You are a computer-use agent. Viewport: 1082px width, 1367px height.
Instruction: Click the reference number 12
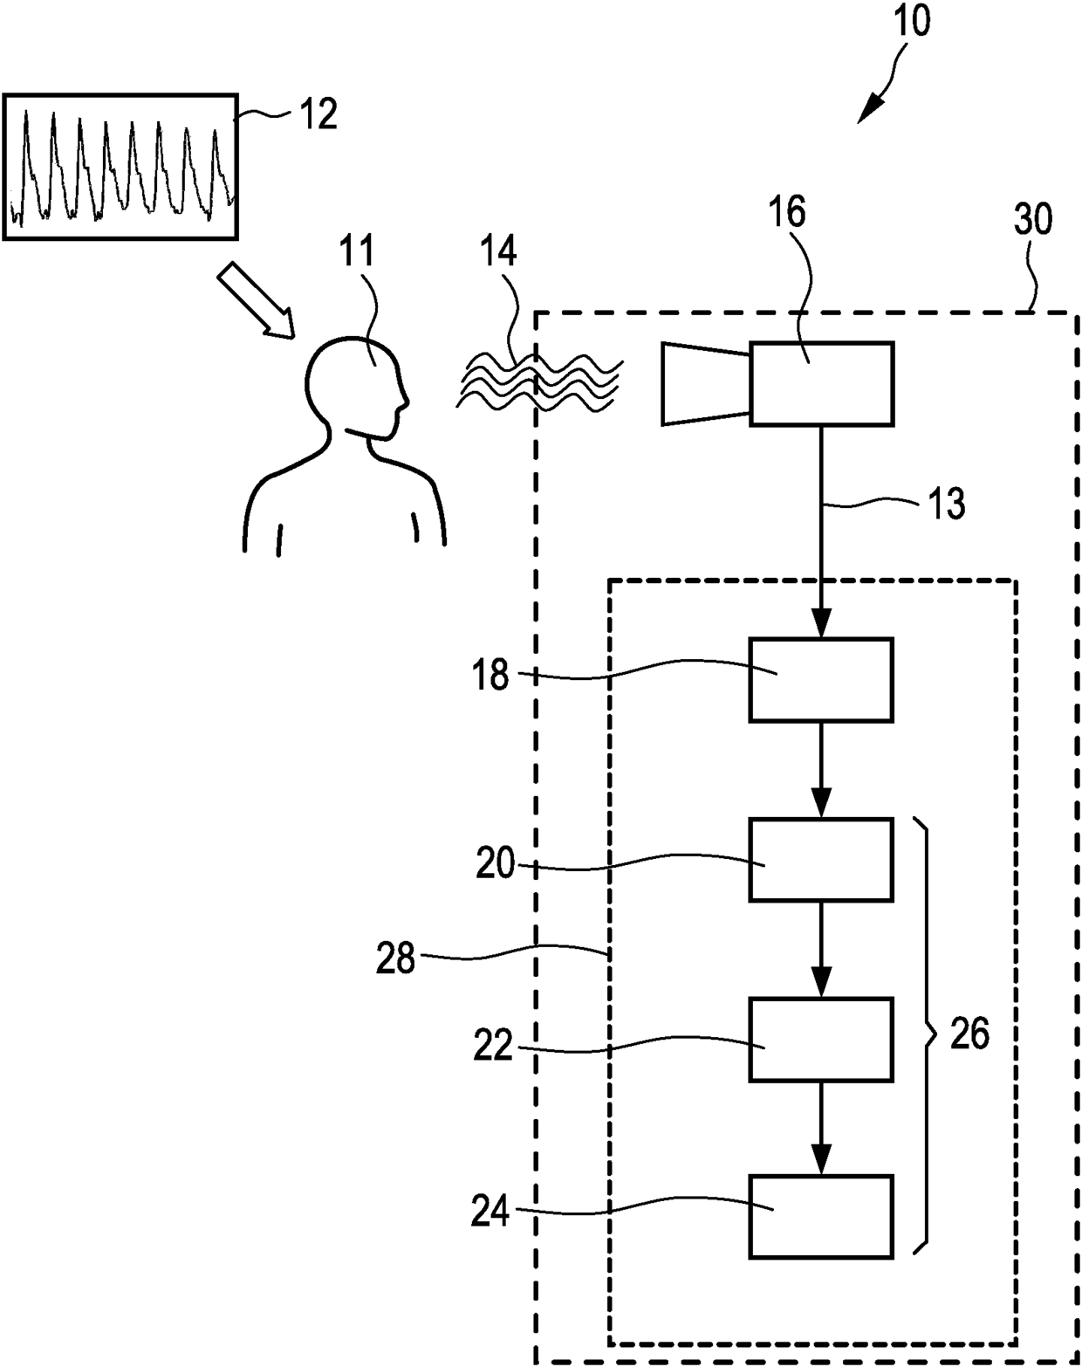pos(319,114)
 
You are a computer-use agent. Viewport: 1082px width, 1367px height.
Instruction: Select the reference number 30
pos(1033,220)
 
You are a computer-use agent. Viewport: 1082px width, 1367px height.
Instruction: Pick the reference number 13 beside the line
pos(947,504)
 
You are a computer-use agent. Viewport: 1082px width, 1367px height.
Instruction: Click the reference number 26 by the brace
pos(969,1034)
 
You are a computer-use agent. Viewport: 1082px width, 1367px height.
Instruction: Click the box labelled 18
pos(820,680)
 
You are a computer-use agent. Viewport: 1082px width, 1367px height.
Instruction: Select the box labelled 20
pos(820,860)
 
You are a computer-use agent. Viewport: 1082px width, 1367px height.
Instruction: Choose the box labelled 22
pos(820,1040)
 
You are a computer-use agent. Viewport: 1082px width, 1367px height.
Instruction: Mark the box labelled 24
pos(820,1217)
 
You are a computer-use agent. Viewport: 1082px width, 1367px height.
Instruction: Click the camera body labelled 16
pos(821,384)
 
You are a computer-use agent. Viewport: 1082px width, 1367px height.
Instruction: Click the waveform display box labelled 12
pos(120,166)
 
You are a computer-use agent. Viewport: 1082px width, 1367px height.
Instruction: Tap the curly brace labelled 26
pos(924,1035)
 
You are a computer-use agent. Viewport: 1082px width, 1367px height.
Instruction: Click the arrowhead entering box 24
pos(820,1163)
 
